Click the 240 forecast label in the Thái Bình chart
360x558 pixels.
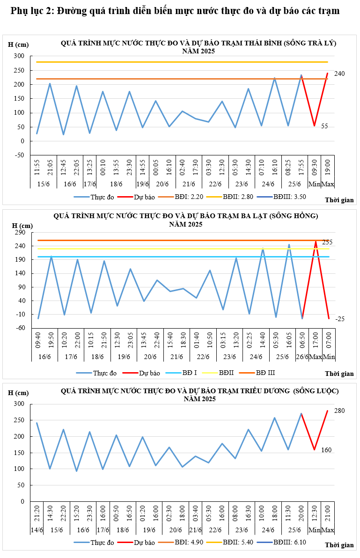click(339, 74)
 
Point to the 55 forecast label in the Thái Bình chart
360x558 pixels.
click(324, 126)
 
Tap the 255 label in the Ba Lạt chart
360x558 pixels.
click(327, 242)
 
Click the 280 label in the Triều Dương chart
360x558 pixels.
click(339, 411)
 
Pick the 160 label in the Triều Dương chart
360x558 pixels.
click(326, 450)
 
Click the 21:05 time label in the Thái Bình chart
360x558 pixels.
click(50, 166)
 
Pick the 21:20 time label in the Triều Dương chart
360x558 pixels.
click(37, 513)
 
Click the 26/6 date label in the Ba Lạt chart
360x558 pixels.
click(302, 357)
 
